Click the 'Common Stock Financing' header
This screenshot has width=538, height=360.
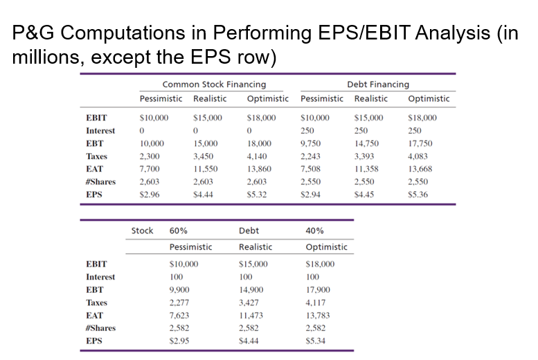tap(214, 84)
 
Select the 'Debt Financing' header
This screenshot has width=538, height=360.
tap(377, 84)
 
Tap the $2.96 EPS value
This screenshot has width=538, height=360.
tap(150, 195)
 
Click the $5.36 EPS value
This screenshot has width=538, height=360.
tap(418, 195)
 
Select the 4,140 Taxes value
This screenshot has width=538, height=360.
tap(256, 156)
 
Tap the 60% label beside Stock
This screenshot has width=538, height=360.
tap(179, 231)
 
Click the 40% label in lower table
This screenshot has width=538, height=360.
tap(314, 231)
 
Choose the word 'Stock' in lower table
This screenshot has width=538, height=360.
tap(142, 231)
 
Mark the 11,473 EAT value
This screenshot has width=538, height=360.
tap(251, 315)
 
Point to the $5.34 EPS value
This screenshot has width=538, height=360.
tap(316, 341)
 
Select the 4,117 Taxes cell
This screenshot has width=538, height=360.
tap(316, 303)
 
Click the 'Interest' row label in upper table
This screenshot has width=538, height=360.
tap(100, 131)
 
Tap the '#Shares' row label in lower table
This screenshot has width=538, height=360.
tap(100, 328)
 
